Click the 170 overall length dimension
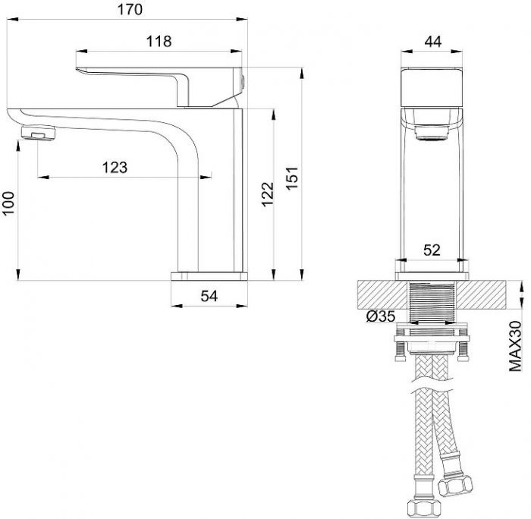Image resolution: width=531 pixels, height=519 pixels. point(130,10)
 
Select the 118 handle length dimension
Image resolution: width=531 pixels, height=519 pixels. point(159,41)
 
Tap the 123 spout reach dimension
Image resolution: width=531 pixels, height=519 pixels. point(115,168)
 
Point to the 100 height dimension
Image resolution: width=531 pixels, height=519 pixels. point(8,203)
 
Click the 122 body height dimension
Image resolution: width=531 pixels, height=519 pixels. point(268,194)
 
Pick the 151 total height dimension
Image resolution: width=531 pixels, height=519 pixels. point(292,178)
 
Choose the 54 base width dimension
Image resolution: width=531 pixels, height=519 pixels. point(209,296)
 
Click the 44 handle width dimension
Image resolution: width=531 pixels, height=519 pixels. point(433,42)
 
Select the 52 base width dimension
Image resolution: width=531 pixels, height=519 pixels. point(432,250)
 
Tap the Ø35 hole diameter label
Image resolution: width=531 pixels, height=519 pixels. point(381,316)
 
